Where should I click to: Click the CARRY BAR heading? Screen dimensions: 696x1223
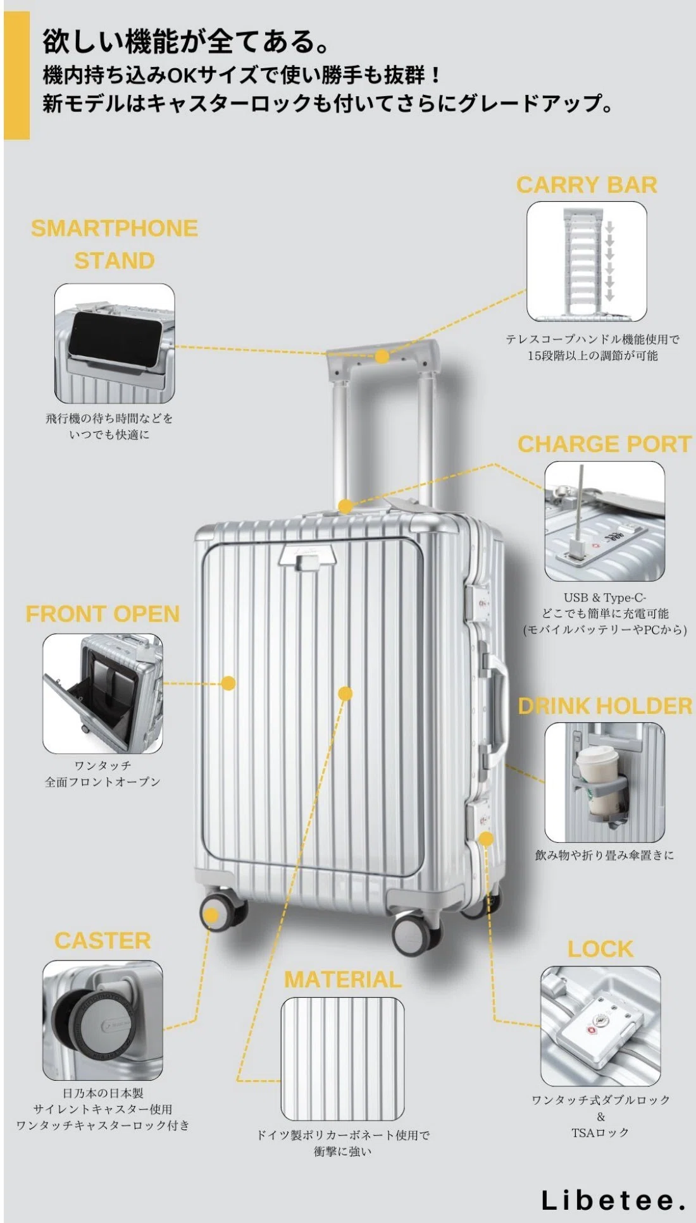587,185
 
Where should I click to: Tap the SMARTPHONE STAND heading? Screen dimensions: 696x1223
115,244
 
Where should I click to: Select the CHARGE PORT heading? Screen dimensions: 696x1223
605,444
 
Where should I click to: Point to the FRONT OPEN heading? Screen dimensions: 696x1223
103,614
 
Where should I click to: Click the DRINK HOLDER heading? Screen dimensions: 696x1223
606,706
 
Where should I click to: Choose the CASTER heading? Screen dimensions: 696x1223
103,940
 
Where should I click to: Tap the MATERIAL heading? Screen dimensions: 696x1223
342,980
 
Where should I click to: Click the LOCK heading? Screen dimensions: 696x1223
600,949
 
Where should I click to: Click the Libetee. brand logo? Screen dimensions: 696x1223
613,1200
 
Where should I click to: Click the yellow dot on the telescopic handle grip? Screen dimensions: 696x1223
382,356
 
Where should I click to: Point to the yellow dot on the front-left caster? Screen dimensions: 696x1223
211,916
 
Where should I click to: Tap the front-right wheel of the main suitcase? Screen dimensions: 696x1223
414,934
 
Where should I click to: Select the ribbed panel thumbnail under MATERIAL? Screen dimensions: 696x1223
342,1059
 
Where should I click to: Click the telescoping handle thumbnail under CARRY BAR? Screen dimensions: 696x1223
587,261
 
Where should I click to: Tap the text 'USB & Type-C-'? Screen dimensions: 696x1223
605,597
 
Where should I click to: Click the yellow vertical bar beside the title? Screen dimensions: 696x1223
16,75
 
